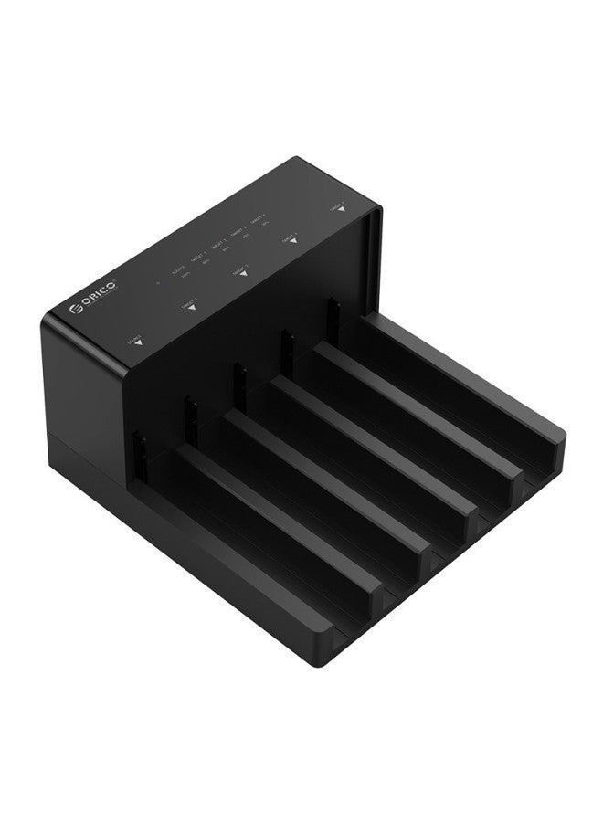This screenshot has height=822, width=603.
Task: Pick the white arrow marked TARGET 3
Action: coord(292,241)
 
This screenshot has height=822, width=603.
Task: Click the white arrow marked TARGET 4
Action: coord(340,209)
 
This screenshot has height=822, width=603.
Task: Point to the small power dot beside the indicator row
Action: coord(157,283)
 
